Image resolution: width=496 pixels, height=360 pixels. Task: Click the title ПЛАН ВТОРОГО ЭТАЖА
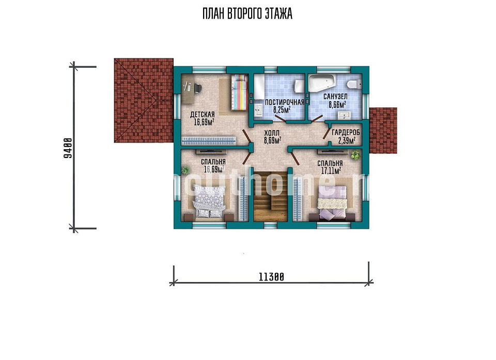click(x=247, y=14)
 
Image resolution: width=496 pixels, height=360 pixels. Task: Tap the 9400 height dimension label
click(x=68, y=148)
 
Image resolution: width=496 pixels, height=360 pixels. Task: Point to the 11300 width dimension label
click(x=271, y=277)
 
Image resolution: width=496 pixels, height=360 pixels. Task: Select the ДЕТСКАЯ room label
click(x=203, y=115)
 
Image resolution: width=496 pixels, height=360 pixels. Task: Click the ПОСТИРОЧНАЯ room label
click(x=284, y=102)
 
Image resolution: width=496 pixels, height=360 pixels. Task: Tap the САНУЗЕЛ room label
click(x=335, y=97)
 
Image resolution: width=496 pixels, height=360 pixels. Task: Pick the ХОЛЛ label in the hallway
click(x=272, y=133)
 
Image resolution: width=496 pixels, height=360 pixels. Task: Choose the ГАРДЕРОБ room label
click(x=346, y=133)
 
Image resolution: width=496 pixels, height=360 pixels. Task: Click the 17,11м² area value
click(x=331, y=171)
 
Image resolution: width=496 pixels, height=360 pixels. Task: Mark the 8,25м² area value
click(x=282, y=110)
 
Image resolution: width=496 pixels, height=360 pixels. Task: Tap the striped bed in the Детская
click(x=239, y=92)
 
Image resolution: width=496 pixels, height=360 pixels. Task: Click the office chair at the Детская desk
click(x=197, y=88)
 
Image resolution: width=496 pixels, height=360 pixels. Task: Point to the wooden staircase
click(x=270, y=196)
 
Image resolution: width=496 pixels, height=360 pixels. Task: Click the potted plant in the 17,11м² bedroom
click(x=355, y=155)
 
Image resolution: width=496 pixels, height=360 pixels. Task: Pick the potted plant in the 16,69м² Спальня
click(x=185, y=171)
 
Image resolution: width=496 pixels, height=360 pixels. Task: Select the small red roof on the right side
click(x=383, y=130)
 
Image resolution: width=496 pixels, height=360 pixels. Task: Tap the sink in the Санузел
click(x=344, y=115)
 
